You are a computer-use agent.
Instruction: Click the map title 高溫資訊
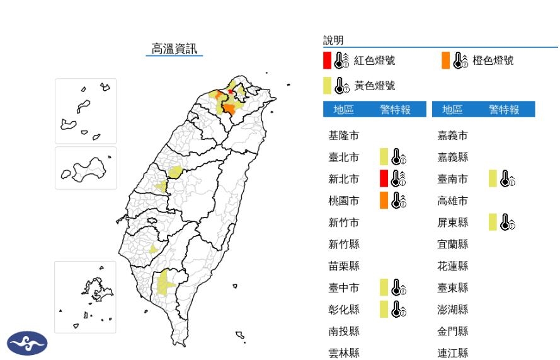tap(174, 49)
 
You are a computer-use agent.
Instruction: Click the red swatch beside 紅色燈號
tap(327, 61)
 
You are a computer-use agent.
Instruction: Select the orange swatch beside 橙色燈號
tap(445, 61)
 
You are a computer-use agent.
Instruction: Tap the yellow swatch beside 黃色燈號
tap(327, 85)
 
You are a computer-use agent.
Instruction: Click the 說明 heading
tap(333, 40)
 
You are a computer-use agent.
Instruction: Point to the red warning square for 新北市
tap(384, 179)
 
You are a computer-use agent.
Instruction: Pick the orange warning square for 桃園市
tap(384, 200)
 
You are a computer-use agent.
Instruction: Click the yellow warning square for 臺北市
tap(384, 157)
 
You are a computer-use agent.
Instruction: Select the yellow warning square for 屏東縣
tap(493, 222)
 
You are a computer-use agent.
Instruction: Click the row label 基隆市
tap(344, 135)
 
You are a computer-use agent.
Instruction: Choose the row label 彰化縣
tap(344, 310)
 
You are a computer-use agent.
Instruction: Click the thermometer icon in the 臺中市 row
tap(398, 288)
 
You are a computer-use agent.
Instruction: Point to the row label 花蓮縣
tap(453, 266)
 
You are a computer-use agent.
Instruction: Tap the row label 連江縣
tap(453, 353)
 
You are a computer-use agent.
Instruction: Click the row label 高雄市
tap(453, 200)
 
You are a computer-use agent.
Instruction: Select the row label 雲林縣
tap(344, 353)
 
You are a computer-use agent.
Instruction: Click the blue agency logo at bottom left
tap(27, 344)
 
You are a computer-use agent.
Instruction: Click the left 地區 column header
tap(344, 110)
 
